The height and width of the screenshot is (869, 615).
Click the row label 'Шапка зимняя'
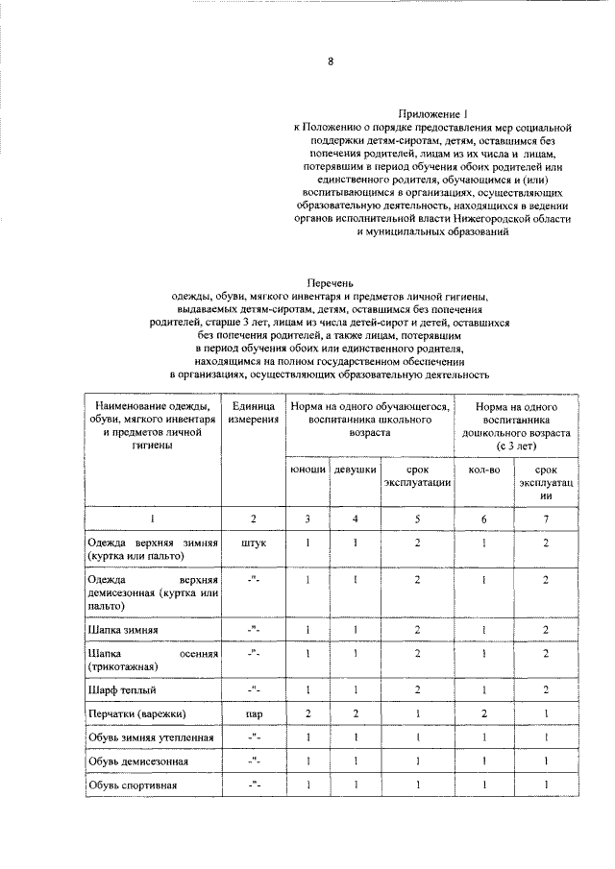point(122,630)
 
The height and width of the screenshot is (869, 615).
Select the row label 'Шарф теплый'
point(120,689)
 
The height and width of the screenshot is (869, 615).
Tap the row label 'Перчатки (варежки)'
point(135,713)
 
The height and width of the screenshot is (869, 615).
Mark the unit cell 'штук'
point(254,543)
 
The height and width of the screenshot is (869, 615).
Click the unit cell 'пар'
point(254,713)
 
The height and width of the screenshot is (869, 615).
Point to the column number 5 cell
point(417,519)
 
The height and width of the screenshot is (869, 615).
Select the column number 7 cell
point(545,519)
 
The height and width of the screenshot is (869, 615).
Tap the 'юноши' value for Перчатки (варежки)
point(307,713)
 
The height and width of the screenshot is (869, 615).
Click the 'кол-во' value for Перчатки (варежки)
point(483,713)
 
